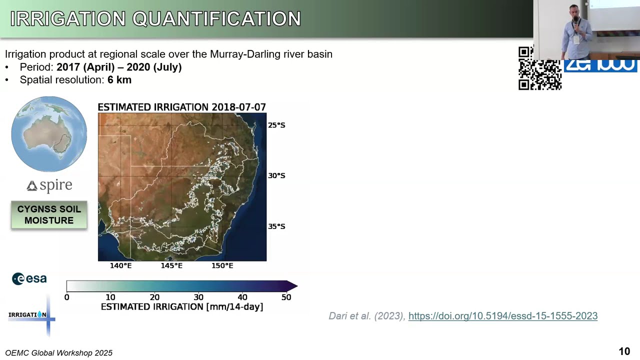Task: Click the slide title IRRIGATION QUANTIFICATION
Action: [x=155, y=19]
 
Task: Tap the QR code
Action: [x=539, y=68]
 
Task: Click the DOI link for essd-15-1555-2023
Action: [x=502, y=316]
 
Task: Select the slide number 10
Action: [x=624, y=351]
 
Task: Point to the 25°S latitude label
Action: [x=276, y=125]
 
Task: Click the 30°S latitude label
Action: [x=276, y=175]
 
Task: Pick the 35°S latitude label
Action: [x=276, y=226]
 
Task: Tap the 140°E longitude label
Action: [x=121, y=265]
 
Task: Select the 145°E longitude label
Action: [x=171, y=265]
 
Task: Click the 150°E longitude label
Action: [x=222, y=265]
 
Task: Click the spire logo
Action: [x=49, y=185]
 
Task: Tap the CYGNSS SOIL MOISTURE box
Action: [x=49, y=215]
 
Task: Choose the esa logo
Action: [x=29, y=278]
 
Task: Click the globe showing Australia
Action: [x=49, y=134]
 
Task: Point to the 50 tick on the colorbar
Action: [x=286, y=297]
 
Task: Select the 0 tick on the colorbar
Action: [x=67, y=297]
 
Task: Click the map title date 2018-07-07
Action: [x=238, y=107]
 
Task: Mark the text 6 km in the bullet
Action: [x=119, y=80]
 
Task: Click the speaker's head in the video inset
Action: [x=575, y=11]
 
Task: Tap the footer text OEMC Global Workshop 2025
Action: [x=59, y=353]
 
